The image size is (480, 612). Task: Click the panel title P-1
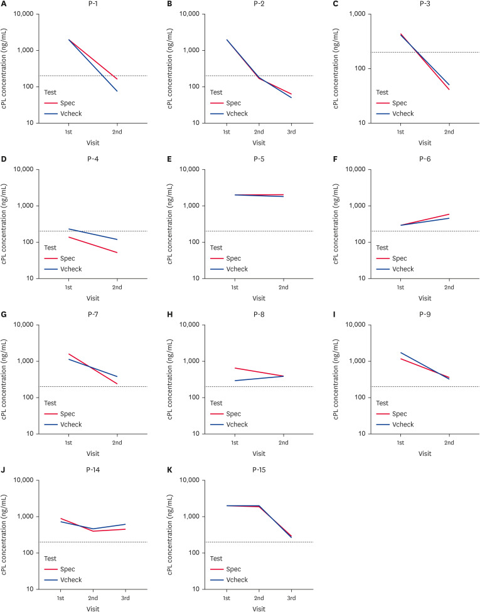92,4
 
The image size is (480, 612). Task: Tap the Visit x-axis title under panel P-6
425,298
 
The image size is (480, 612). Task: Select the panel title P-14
92,471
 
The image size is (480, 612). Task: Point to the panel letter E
170,160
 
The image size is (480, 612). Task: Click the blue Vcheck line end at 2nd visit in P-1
117,91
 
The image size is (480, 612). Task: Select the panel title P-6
425,160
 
